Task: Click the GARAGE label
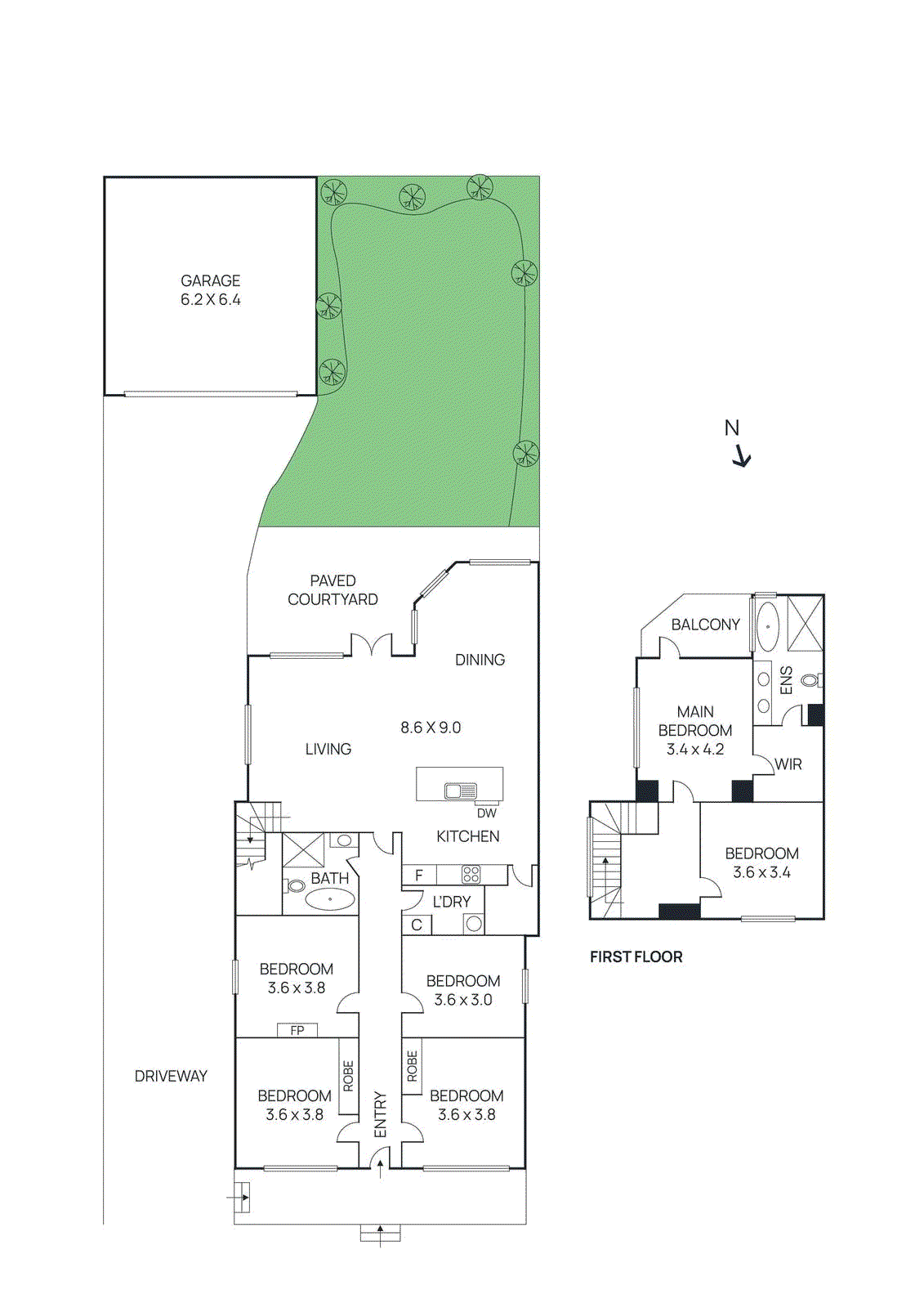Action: coord(210,280)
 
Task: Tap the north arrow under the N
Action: coord(741,456)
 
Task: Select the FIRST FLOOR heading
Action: coord(636,956)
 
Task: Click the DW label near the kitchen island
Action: coord(486,813)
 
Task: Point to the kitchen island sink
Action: coord(461,791)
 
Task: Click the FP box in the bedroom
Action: coord(297,1030)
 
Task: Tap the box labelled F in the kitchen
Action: coord(419,875)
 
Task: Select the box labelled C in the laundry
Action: coord(417,925)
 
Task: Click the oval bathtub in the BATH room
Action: coord(330,899)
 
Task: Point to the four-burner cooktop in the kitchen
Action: coord(471,874)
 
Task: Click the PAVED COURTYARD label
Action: coord(333,589)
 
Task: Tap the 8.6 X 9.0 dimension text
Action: coord(431,727)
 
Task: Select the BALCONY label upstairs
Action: coord(705,625)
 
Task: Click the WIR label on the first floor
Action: coord(788,764)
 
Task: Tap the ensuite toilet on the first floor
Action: coord(810,679)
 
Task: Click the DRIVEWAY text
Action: coord(171,1076)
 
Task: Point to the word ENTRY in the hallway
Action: coord(380,1113)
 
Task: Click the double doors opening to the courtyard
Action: coord(372,645)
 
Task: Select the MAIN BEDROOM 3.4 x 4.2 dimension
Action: coord(695,749)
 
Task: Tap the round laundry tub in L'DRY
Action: coord(473,925)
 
